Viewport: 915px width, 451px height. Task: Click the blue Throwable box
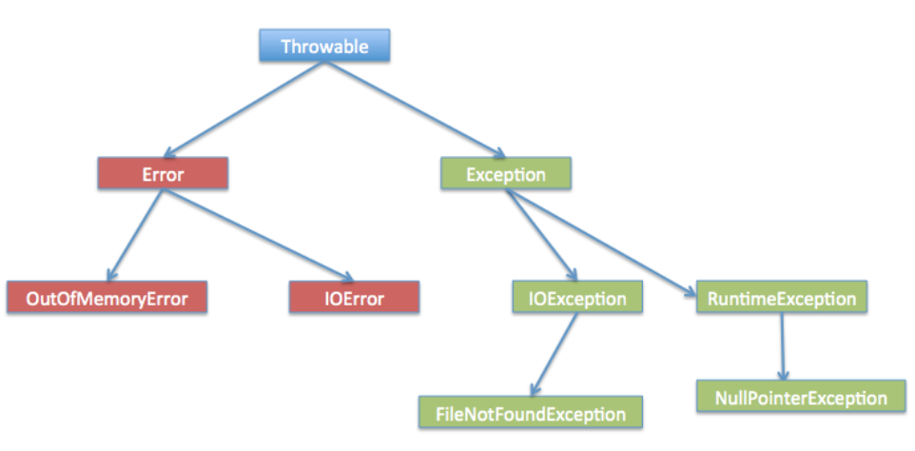pos(325,45)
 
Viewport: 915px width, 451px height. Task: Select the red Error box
pos(163,174)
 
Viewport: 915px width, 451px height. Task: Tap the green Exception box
pos(505,174)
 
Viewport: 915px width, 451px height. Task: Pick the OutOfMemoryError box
pos(107,298)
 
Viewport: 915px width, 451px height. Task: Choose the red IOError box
pos(354,298)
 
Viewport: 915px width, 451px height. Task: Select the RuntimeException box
pos(782,299)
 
